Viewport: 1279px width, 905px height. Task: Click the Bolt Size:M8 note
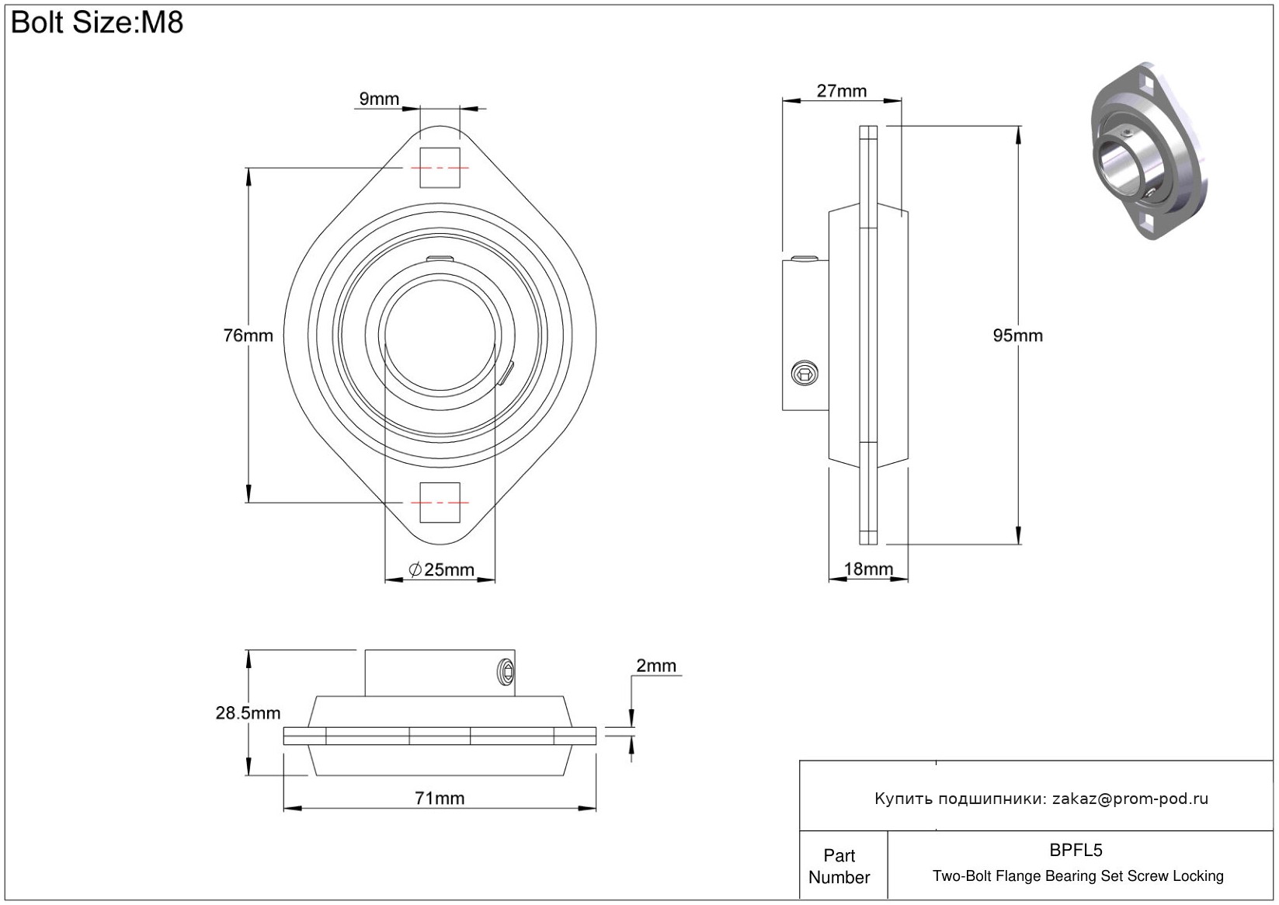(x=97, y=23)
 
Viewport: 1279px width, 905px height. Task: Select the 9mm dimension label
(x=379, y=99)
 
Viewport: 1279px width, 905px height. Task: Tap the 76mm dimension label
(x=248, y=336)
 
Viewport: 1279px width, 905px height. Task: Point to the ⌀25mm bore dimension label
(x=441, y=570)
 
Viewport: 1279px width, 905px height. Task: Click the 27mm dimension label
(x=841, y=91)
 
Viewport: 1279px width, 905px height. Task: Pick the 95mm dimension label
(x=1017, y=336)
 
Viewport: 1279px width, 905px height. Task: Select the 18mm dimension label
(x=868, y=569)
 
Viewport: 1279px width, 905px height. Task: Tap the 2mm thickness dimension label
(x=655, y=666)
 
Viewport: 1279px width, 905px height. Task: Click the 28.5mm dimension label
(x=248, y=713)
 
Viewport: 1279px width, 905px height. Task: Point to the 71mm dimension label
(x=440, y=799)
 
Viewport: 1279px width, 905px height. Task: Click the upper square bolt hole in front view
(x=440, y=168)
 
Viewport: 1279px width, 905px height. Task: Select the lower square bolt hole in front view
(x=440, y=502)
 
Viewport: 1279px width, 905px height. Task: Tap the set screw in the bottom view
(x=506, y=672)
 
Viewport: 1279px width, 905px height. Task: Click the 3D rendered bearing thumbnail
(x=1147, y=151)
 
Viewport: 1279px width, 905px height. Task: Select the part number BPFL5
(x=1076, y=851)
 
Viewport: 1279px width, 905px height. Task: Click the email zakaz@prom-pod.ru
(x=1130, y=799)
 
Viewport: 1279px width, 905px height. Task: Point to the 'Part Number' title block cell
(x=839, y=866)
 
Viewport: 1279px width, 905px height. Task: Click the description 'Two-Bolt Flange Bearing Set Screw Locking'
(x=1078, y=876)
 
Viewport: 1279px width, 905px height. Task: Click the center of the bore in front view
(x=440, y=336)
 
